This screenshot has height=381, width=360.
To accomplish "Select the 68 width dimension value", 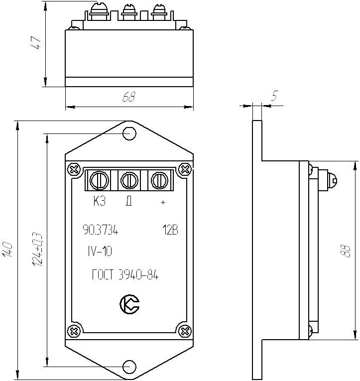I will [129, 98].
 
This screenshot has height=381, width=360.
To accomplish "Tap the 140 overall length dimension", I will [7, 250].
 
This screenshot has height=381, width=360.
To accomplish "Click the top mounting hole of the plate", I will [129, 133].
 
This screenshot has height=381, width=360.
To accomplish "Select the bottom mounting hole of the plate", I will [129, 367].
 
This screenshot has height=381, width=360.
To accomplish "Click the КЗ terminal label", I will [99, 202].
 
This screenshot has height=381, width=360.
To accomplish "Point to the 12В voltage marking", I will [170, 231].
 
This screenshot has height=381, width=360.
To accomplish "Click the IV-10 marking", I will [99, 252].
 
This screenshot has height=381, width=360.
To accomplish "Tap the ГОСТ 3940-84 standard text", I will [125, 275].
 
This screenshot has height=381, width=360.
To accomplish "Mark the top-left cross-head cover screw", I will [74, 169].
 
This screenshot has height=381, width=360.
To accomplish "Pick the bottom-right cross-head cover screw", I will [185, 330].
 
